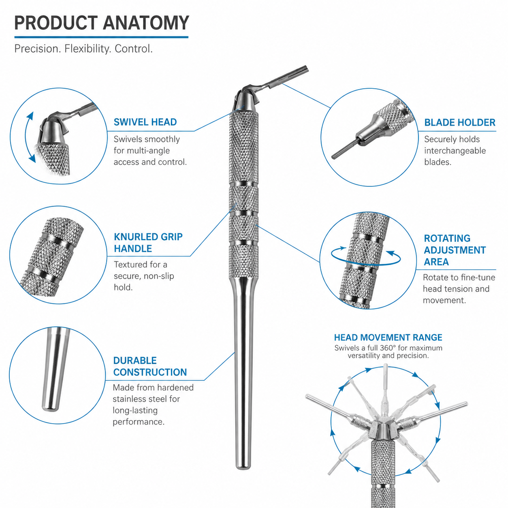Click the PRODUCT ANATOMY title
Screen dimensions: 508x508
click(x=102, y=23)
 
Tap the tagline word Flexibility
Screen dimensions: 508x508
click(x=85, y=49)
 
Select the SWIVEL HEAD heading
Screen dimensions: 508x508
click(x=145, y=122)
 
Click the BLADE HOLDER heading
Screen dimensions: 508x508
click(x=459, y=122)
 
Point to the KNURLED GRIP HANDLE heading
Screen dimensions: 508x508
click(x=148, y=243)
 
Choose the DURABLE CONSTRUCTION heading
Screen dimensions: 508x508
click(x=150, y=366)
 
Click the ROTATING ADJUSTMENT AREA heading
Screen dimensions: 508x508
click(x=455, y=250)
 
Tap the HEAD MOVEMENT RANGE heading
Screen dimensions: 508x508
click(x=388, y=337)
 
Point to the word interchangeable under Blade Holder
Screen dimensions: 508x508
click(x=455, y=151)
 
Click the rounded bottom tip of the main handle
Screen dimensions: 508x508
click(x=243, y=467)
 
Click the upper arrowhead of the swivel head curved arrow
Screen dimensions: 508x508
click(x=31, y=116)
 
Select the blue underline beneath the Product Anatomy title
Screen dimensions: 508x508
click(x=102, y=37)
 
